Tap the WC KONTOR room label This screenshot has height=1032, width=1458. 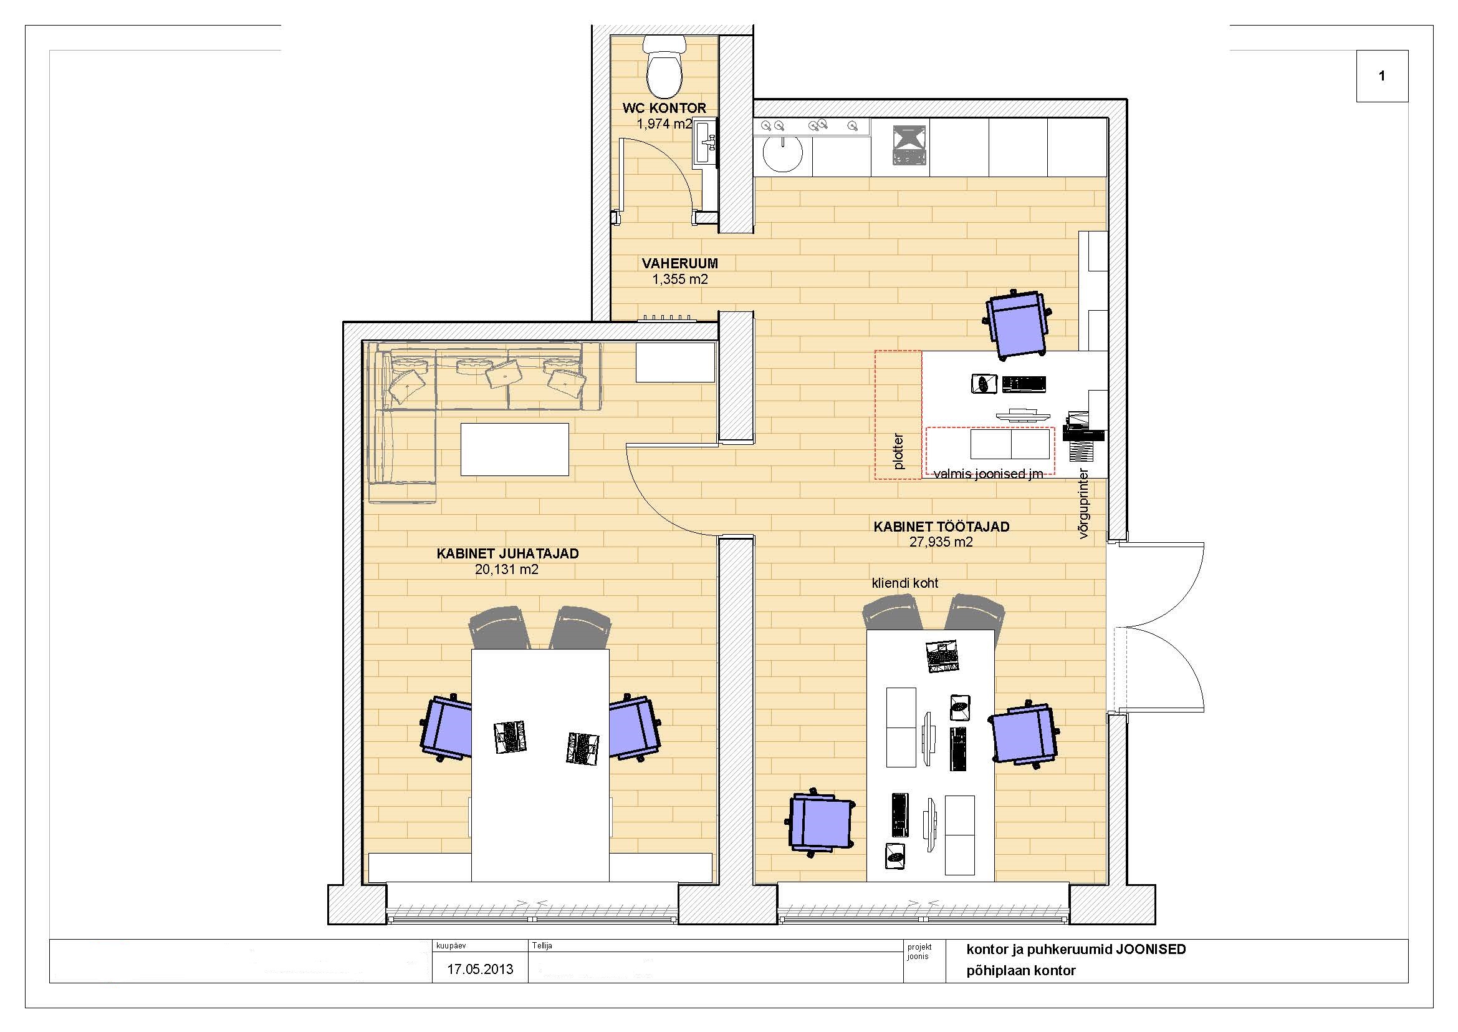[x=664, y=108]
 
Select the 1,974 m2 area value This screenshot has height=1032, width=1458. [x=664, y=124]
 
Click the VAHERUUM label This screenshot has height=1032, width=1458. [x=679, y=263]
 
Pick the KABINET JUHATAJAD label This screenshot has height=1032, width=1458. [x=507, y=553]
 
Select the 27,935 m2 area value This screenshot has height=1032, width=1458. [x=941, y=542]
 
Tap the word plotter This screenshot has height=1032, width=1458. [x=898, y=452]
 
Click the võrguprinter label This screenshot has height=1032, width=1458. [x=1083, y=504]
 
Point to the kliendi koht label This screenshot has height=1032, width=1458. [x=905, y=583]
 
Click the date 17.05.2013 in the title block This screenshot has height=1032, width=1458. [x=480, y=970]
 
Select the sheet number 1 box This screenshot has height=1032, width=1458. [x=1382, y=76]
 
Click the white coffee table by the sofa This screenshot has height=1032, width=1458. [x=514, y=449]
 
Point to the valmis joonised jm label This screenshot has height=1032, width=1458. [x=988, y=474]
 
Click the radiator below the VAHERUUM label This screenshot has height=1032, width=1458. [x=668, y=317]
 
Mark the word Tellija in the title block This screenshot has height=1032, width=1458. [x=542, y=945]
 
